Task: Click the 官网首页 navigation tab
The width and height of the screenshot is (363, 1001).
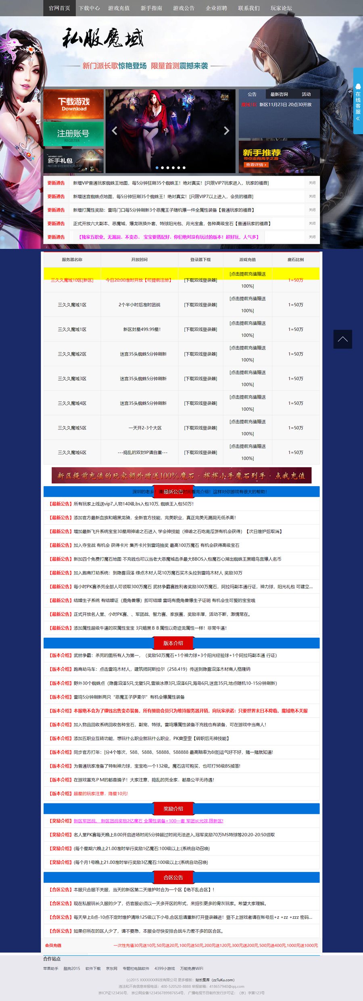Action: [x=59, y=8]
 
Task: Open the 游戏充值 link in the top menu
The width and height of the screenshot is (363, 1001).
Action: [x=119, y=8]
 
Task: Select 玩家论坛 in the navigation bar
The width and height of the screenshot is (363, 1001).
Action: [x=281, y=8]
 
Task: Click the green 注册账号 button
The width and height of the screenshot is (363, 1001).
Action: [x=73, y=134]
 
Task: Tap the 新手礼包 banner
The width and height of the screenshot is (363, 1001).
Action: [x=73, y=161]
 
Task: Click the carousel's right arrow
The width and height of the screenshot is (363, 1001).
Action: [x=226, y=131]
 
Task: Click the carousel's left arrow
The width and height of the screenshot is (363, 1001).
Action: [x=115, y=131]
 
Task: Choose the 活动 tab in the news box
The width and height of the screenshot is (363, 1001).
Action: [x=306, y=94]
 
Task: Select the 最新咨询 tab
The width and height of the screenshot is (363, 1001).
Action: [x=279, y=94]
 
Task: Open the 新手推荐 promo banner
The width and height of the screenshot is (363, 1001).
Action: [x=279, y=157]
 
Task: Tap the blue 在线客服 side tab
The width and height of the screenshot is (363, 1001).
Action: [x=358, y=101]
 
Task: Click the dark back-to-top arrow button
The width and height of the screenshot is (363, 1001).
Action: [x=342, y=339]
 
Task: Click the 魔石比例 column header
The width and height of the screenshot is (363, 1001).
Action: [x=296, y=260]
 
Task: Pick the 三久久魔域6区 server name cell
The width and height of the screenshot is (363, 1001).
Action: [x=72, y=452]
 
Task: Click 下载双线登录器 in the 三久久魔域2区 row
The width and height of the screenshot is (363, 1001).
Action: [x=200, y=354]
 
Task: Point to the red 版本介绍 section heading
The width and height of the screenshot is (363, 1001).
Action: [x=173, y=643]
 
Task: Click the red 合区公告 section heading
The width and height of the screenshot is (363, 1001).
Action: [x=173, y=877]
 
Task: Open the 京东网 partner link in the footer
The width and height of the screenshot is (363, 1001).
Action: [x=112, y=968]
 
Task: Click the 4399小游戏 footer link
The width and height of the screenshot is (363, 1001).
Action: [x=165, y=968]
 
